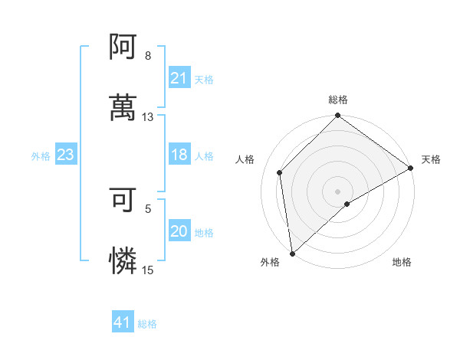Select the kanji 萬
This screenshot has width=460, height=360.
click(x=123, y=106)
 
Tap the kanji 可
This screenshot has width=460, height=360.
click(x=123, y=201)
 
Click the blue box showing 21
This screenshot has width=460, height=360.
click(x=179, y=78)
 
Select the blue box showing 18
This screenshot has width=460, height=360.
click(x=179, y=155)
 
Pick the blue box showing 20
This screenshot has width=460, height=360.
click(x=179, y=231)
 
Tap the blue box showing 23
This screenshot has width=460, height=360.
click(x=65, y=155)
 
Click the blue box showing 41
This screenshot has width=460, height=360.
click(x=123, y=322)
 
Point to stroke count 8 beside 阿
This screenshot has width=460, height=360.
click(x=148, y=56)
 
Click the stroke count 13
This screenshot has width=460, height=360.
click(x=148, y=116)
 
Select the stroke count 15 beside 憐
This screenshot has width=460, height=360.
click(x=148, y=269)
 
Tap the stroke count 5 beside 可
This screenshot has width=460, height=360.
click(x=148, y=208)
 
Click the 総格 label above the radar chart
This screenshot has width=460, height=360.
click(x=338, y=100)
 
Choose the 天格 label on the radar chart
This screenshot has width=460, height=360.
click(x=431, y=159)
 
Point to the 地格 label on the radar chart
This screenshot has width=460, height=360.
click(x=402, y=262)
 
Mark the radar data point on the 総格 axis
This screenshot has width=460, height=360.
click(x=338, y=116)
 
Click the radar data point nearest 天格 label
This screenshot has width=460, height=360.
click(x=411, y=168)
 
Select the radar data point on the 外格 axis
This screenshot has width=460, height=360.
click(x=292, y=254)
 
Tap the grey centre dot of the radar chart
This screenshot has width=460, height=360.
click(x=338, y=191)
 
